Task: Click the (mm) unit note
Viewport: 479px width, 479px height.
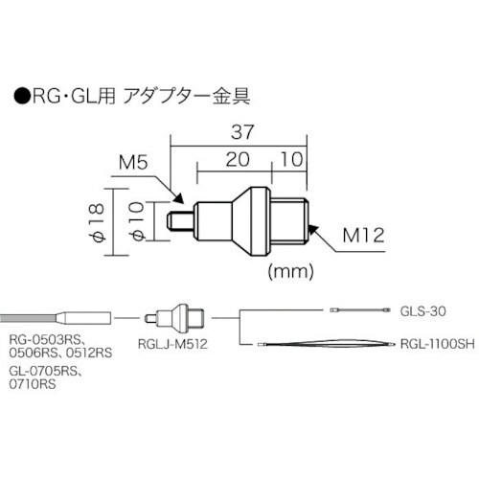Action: pyautogui.click(x=292, y=270)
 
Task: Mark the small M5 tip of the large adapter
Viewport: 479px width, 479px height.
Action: pyautogui.click(x=176, y=222)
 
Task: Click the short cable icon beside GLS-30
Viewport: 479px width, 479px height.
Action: pyautogui.click(x=360, y=309)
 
